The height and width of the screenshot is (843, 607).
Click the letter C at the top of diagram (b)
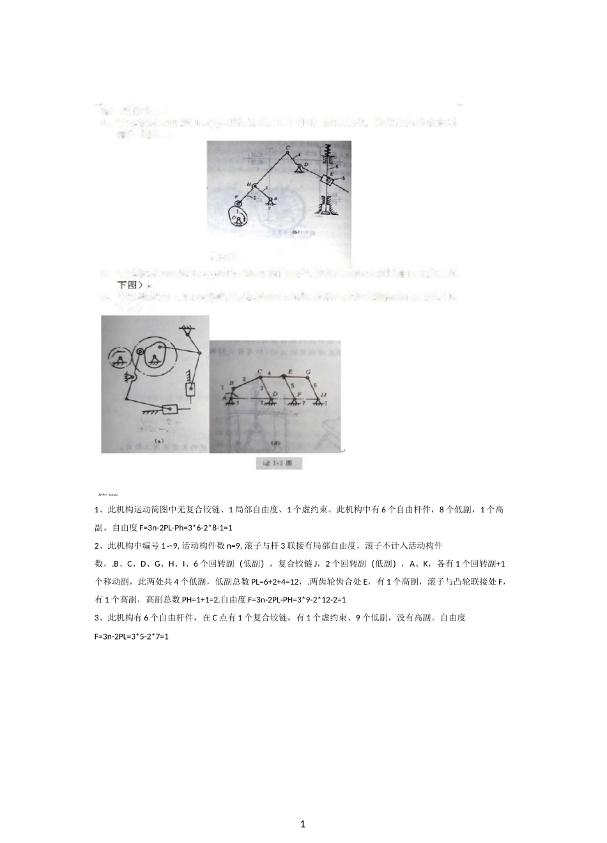(x=287, y=149)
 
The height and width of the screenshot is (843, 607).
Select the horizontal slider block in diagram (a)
(x=170, y=410)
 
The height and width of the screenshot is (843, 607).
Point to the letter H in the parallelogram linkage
(x=323, y=396)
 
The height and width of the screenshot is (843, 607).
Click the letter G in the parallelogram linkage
(x=309, y=371)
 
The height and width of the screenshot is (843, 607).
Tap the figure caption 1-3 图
(x=279, y=463)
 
